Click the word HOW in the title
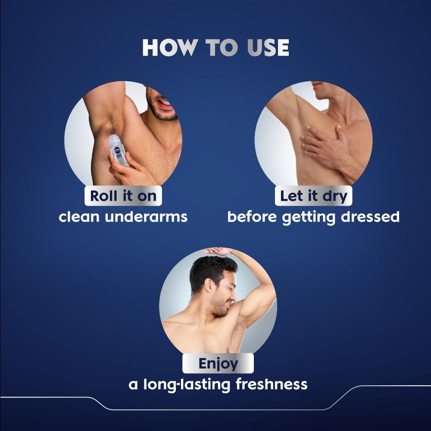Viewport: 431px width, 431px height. click(170, 47)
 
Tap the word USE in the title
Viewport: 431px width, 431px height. click(268, 47)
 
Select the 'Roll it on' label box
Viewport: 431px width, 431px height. click(123, 196)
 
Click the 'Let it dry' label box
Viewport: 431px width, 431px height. click(313, 196)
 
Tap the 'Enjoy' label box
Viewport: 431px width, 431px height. click(218, 363)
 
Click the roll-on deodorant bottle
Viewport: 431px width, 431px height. click(118, 150)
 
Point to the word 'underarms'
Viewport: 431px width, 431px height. click(146, 217)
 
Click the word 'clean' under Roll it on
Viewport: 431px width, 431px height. click(79, 217)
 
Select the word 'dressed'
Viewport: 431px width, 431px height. click(370, 217)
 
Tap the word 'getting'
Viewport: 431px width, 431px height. click(309, 218)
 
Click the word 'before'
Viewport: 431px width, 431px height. click(252, 217)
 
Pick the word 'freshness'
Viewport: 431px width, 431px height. click(271, 384)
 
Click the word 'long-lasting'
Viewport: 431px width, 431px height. click(187, 385)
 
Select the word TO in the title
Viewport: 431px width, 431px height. click(222, 47)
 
